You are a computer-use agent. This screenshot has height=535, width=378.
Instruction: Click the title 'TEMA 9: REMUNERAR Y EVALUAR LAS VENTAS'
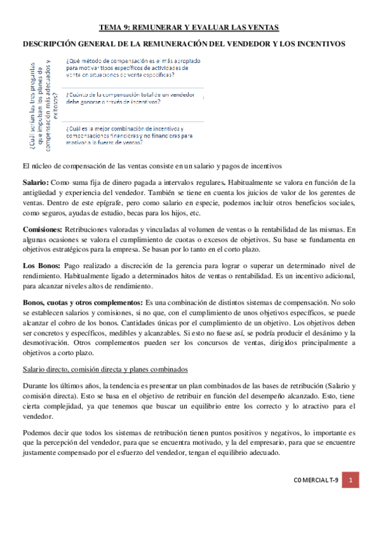pos(189,28)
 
